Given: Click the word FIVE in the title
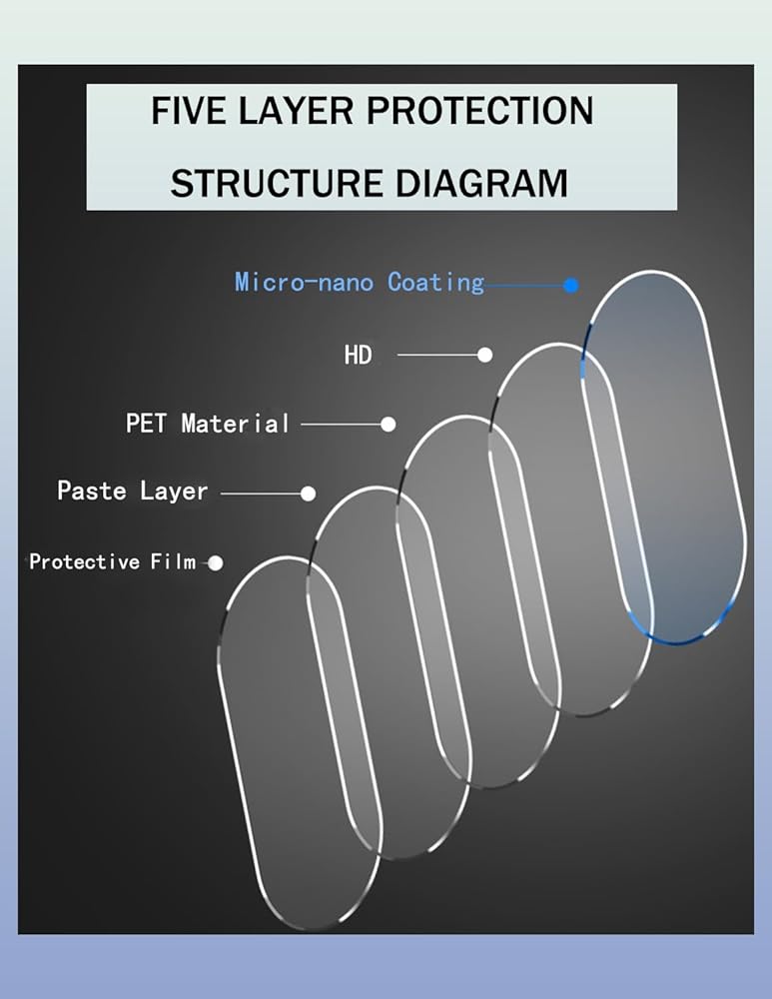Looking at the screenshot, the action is click(x=187, y=111).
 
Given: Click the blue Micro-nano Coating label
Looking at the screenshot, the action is click(x=359, y=283).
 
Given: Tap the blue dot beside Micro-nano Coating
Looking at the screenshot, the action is click(x=571, y=285).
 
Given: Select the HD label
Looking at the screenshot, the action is click(x=358, y=355).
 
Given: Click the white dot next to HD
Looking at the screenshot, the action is click(x=485, y=355).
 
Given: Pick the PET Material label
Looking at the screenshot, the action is click(x=207, y=424).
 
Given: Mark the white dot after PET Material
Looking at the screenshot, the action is click(x=388, y=425).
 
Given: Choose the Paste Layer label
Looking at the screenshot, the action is click(x=132, y=492).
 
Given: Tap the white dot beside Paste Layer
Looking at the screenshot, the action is click(x=309, y=494).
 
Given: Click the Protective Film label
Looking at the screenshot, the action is click(x=112, y=562).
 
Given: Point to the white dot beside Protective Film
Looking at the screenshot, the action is click(x=216, y=563).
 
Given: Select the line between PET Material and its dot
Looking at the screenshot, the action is click(x=341, y=425).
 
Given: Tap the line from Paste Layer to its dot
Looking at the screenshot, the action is click(x=261, y=494).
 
